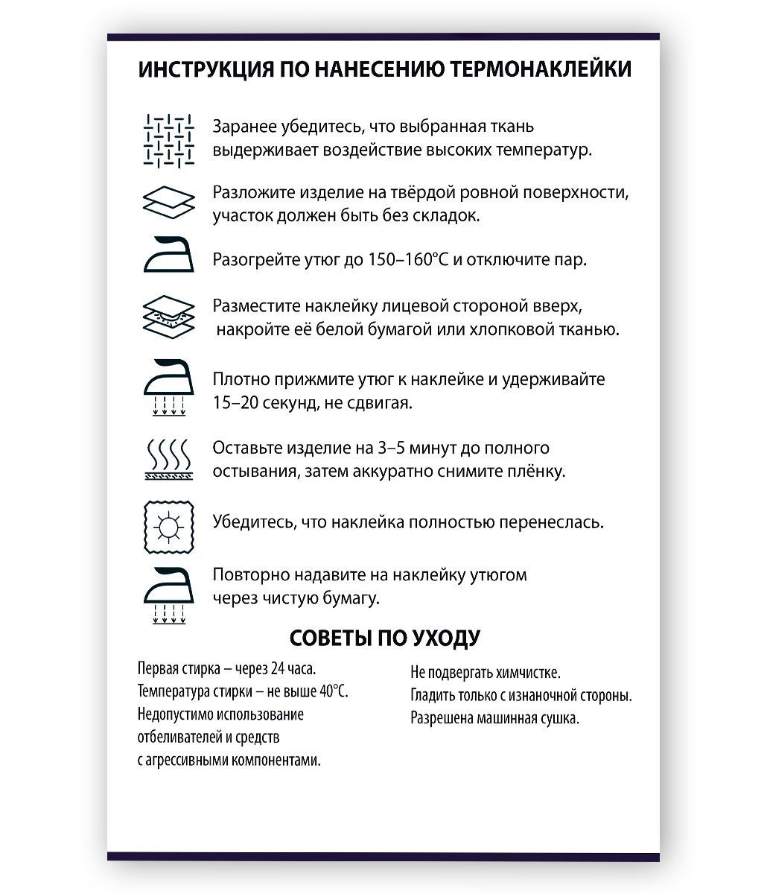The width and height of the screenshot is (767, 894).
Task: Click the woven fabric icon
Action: [169, 139]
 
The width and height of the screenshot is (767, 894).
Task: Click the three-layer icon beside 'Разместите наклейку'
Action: [169, 318]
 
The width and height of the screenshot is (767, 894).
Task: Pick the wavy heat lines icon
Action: [169, 458]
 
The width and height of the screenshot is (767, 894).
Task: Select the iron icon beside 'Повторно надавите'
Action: [169, 593]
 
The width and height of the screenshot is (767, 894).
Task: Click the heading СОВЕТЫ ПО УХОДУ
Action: [384, 638]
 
